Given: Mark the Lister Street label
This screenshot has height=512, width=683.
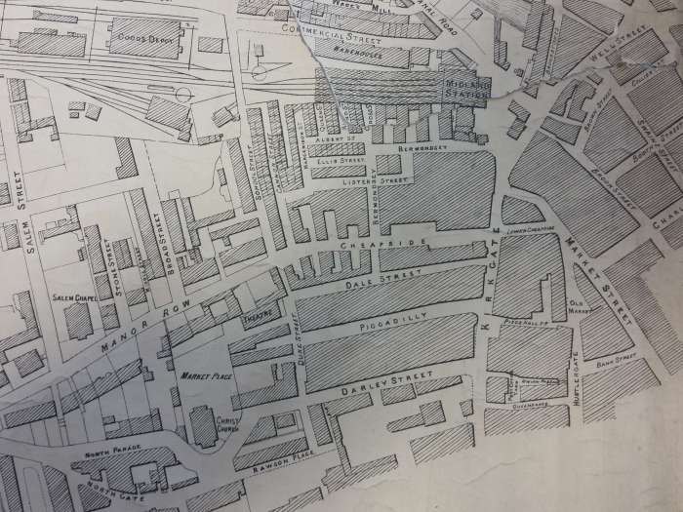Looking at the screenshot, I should [382, 180].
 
